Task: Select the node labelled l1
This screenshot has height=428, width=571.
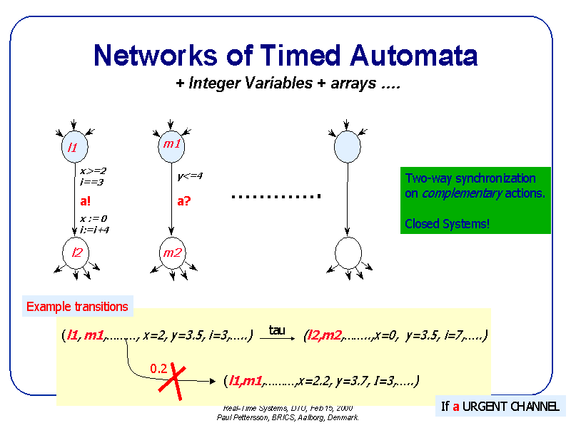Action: [73, 148]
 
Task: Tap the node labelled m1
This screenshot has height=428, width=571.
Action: [171, 145]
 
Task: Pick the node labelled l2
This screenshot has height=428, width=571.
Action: [75, 252]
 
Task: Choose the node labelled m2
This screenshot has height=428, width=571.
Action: [172, 253]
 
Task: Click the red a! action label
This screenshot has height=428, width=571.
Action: [85, 201]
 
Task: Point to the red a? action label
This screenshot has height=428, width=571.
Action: [183, 201]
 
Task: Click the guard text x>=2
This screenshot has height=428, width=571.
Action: [93, 171]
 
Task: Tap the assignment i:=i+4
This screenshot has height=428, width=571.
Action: [94, 230]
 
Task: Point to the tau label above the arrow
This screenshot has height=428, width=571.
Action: [277, 330]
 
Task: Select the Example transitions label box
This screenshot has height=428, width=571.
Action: [77, 307]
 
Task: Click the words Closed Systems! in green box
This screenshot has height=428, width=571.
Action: [448, 224]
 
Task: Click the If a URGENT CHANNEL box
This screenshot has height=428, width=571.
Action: [500, 407]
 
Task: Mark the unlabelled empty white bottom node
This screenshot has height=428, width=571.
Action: [348, 253]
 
